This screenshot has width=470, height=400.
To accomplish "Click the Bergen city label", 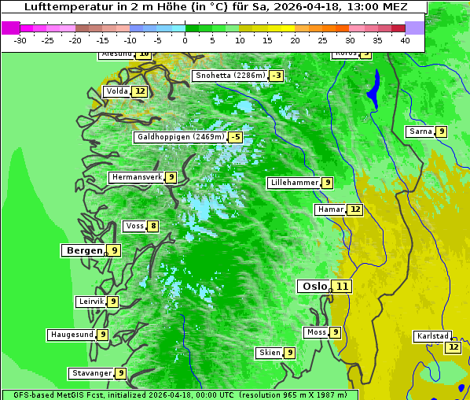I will (83, 250).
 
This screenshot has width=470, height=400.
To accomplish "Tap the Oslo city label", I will (314, 286).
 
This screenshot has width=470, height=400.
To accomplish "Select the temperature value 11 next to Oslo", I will (343, 286).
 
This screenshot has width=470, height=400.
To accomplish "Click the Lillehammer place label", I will (294, 183).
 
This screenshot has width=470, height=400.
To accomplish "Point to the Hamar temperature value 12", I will (355, 209).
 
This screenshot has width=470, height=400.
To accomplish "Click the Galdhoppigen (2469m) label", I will (180, 137).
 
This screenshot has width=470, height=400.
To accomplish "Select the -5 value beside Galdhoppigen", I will (235, 137).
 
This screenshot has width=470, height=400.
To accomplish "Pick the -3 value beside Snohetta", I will (276, 76).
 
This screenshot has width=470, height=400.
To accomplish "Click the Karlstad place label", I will (433, 336).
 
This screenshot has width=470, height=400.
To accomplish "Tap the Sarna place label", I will (420, 131).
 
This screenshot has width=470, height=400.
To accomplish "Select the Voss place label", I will (134, 226).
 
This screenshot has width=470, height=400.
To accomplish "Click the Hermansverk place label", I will (137, 177).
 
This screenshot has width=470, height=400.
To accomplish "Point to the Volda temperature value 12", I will (140, 91).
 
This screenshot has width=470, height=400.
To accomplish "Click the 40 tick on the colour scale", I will (404, 39).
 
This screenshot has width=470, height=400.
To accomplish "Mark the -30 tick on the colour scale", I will (20, 39).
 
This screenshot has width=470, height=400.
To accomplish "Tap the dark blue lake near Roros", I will (374, 88).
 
